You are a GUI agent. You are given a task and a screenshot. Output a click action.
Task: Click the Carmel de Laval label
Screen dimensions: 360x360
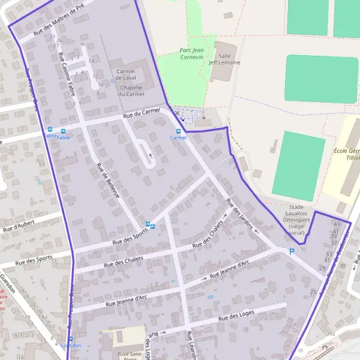126,74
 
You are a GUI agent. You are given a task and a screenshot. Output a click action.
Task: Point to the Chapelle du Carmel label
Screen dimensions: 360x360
131,91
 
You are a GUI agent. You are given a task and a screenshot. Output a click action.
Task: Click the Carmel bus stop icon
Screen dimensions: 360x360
178,131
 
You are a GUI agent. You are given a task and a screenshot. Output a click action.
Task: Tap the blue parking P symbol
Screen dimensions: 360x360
292,251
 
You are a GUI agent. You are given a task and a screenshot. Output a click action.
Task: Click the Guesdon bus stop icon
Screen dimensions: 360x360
70,339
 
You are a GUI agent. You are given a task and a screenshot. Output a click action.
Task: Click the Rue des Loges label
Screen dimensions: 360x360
237,315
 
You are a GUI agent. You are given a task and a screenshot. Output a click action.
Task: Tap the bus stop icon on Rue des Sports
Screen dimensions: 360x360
152,226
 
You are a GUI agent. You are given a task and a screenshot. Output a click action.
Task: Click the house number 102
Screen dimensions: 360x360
331,333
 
